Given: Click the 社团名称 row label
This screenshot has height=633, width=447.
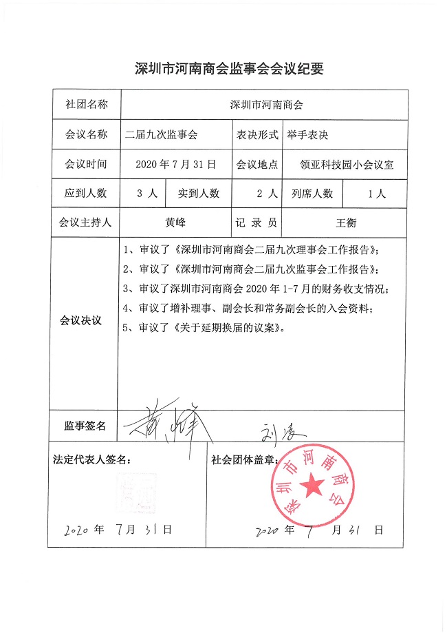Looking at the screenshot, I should pyautogui.click(x=86, y=105).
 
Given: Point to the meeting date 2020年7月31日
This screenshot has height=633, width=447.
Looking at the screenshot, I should pyautogui.click(x=176, y=165).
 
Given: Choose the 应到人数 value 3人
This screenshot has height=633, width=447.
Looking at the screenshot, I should pyautogui.click(x=142, y=194).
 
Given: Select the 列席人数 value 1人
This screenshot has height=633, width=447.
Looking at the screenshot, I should pyautogui.click(x=377, y=194).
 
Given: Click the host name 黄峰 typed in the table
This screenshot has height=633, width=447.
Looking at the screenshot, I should pyautogui.click(x=176, y=223).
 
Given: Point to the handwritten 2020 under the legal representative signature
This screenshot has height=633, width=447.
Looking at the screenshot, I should pyautogui.click(x=77, y=530).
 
